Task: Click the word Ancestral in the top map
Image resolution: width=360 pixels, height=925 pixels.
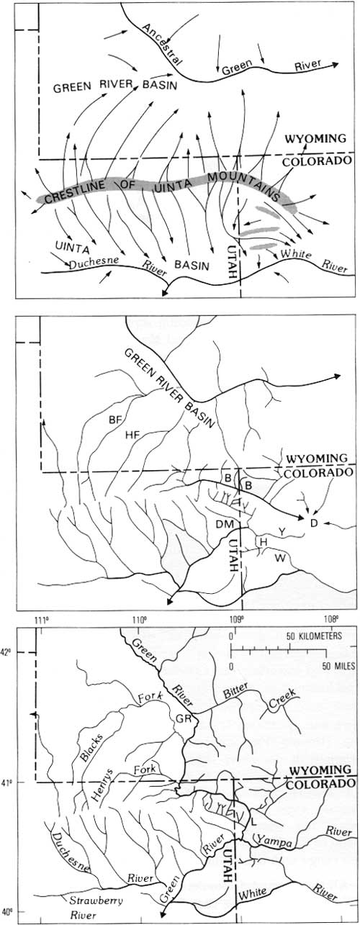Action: pos(161,45)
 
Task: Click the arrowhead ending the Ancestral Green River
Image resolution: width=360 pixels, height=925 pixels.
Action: pos(335,64)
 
